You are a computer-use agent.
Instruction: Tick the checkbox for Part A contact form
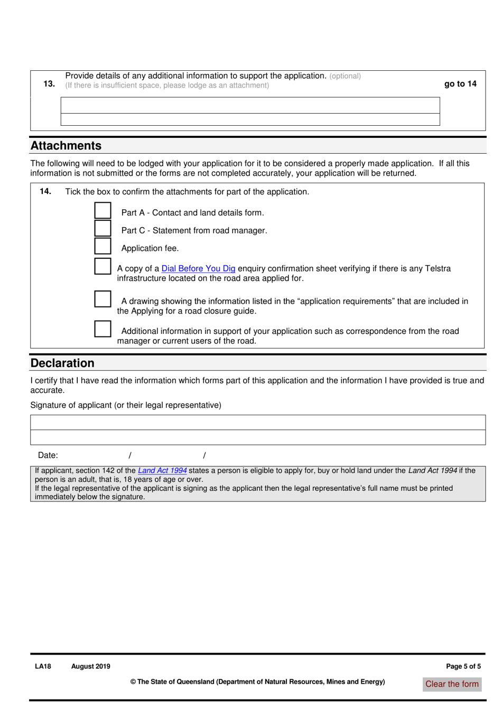click(103, 210)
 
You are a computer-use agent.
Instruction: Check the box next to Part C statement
click(103, 228)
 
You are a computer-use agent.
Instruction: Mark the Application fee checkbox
click(103, 246)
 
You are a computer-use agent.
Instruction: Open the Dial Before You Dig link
click(198, 268)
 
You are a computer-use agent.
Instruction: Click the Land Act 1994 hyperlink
click(162, 470)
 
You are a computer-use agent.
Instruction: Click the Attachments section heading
click(66, 146)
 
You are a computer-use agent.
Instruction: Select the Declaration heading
click(62, 363)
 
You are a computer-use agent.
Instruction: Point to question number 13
click(49, 83)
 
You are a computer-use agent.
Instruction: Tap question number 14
click(45, 191)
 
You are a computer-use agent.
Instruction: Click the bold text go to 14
click(460, 83)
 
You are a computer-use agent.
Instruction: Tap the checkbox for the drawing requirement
click(103, 298)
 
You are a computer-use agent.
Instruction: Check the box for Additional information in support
click(103, 329)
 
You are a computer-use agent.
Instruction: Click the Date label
click(48, 455)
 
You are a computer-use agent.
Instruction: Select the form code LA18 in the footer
click(43, 666)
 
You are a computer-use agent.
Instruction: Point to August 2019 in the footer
click(91, 666)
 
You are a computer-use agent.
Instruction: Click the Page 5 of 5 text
click(463, 666)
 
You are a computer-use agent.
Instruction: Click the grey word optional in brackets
click(345, 76)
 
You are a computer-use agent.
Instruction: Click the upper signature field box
click(258, 422)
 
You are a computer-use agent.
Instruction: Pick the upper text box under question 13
click(250, 105)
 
